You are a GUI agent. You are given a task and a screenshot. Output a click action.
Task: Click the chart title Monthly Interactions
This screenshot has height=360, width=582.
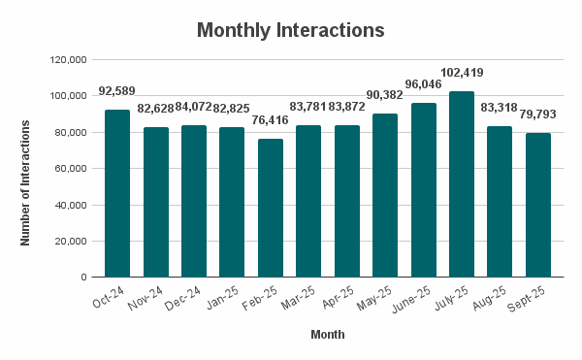291,30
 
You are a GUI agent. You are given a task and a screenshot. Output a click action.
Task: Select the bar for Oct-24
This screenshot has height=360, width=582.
117,193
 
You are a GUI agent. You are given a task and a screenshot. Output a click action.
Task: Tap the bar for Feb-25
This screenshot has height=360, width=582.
270,208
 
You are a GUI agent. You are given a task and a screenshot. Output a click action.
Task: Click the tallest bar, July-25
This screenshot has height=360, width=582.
461,184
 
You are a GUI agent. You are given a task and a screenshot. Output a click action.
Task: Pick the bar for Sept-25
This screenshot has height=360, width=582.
537,205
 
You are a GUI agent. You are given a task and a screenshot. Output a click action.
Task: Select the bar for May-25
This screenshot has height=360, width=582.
384,195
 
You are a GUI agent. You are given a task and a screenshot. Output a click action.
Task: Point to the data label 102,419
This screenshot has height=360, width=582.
461,73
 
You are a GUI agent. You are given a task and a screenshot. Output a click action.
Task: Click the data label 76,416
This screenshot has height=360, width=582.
270,120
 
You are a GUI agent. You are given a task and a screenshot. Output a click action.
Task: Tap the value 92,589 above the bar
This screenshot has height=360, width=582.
117,91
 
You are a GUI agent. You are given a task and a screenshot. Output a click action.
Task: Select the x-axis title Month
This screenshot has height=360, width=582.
327,335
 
